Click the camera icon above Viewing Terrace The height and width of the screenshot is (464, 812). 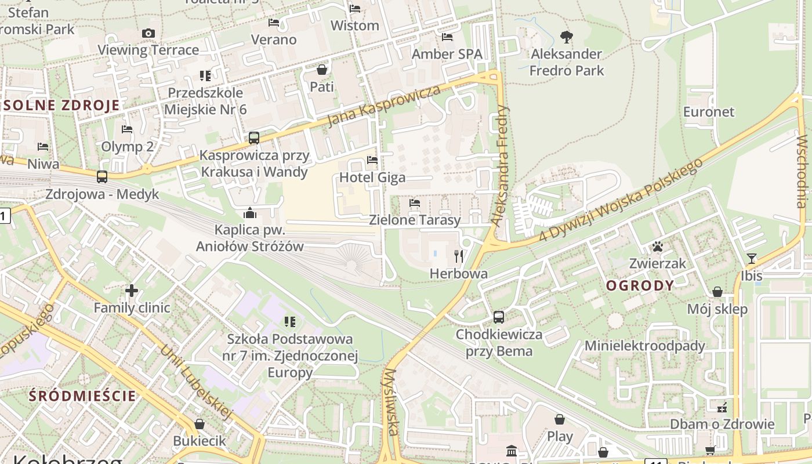(x=148, y=34)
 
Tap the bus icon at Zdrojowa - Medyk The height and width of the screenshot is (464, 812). (x=102, y=177)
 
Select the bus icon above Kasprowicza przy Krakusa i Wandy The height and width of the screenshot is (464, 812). (x=253, y=138)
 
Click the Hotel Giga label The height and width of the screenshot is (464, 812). (x=372, y=177)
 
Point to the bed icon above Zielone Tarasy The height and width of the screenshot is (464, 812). (x=415, y=203)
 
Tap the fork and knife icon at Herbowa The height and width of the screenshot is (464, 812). (x=459, y=256)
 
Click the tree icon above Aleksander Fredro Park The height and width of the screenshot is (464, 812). (x=567, y=38)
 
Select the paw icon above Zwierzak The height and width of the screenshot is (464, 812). (x=657, y=247)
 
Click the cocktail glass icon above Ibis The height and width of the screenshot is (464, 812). (x=752, y=259)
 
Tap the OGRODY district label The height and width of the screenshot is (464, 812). (x=640, y=285)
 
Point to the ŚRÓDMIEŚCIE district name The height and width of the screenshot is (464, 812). (x=82, y=397)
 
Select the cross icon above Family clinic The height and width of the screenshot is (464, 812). (x=132, y=291)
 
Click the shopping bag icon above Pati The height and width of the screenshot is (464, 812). (x=322, y=70)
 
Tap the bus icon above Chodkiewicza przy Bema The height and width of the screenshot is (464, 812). (x=498, y=317)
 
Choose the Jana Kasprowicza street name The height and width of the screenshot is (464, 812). (x=384, y=106)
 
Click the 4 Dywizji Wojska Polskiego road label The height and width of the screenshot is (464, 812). (x=621, y=200)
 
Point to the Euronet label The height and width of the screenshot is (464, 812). (x=709, y=112)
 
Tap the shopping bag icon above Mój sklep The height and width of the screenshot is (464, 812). (x=717, y=292)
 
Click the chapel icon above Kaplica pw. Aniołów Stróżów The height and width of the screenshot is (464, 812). (x=250, y=213)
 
